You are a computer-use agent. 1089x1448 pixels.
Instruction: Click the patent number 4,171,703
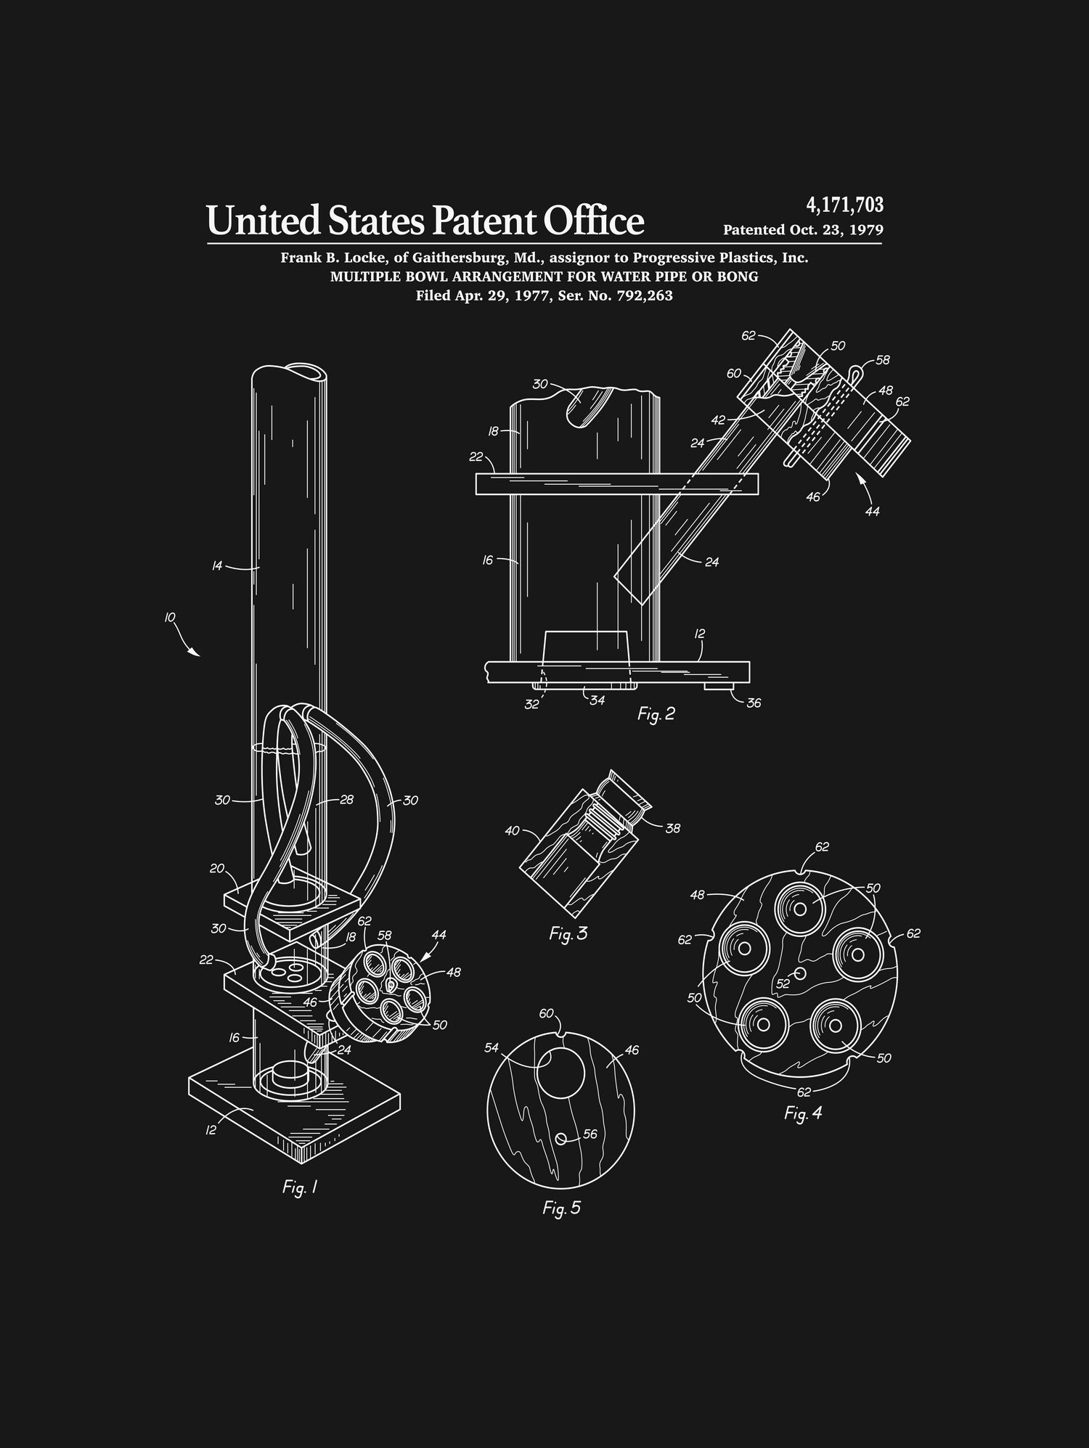click(x=844, y=205)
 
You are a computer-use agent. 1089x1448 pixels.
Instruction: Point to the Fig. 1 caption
click(x=300, y=1187)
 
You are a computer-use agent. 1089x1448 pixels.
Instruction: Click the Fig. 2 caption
click(x=656, y=714)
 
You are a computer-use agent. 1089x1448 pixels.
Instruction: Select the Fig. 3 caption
click(x=568, y=934)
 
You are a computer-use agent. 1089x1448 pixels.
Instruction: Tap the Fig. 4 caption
click(x=803, y=1113)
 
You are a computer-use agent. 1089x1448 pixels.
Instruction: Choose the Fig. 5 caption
click(x=561, y=1208)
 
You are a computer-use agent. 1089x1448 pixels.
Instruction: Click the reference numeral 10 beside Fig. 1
click(x=169, y=618)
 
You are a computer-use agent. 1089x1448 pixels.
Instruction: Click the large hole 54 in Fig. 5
click(x=560, y=1072)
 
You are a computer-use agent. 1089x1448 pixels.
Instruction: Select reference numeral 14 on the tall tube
click(x=217, y=565)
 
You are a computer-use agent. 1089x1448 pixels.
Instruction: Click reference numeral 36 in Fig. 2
click(x=754, y=703)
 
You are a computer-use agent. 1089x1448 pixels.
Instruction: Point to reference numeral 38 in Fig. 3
click(x=672, y=828)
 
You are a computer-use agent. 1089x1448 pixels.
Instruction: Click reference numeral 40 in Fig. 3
click(x=513, y=830)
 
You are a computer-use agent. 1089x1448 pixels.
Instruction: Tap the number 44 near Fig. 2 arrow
click(x=872, y=512)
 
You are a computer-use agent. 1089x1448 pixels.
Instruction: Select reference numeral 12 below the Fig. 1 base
click(x=211, y=1130)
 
